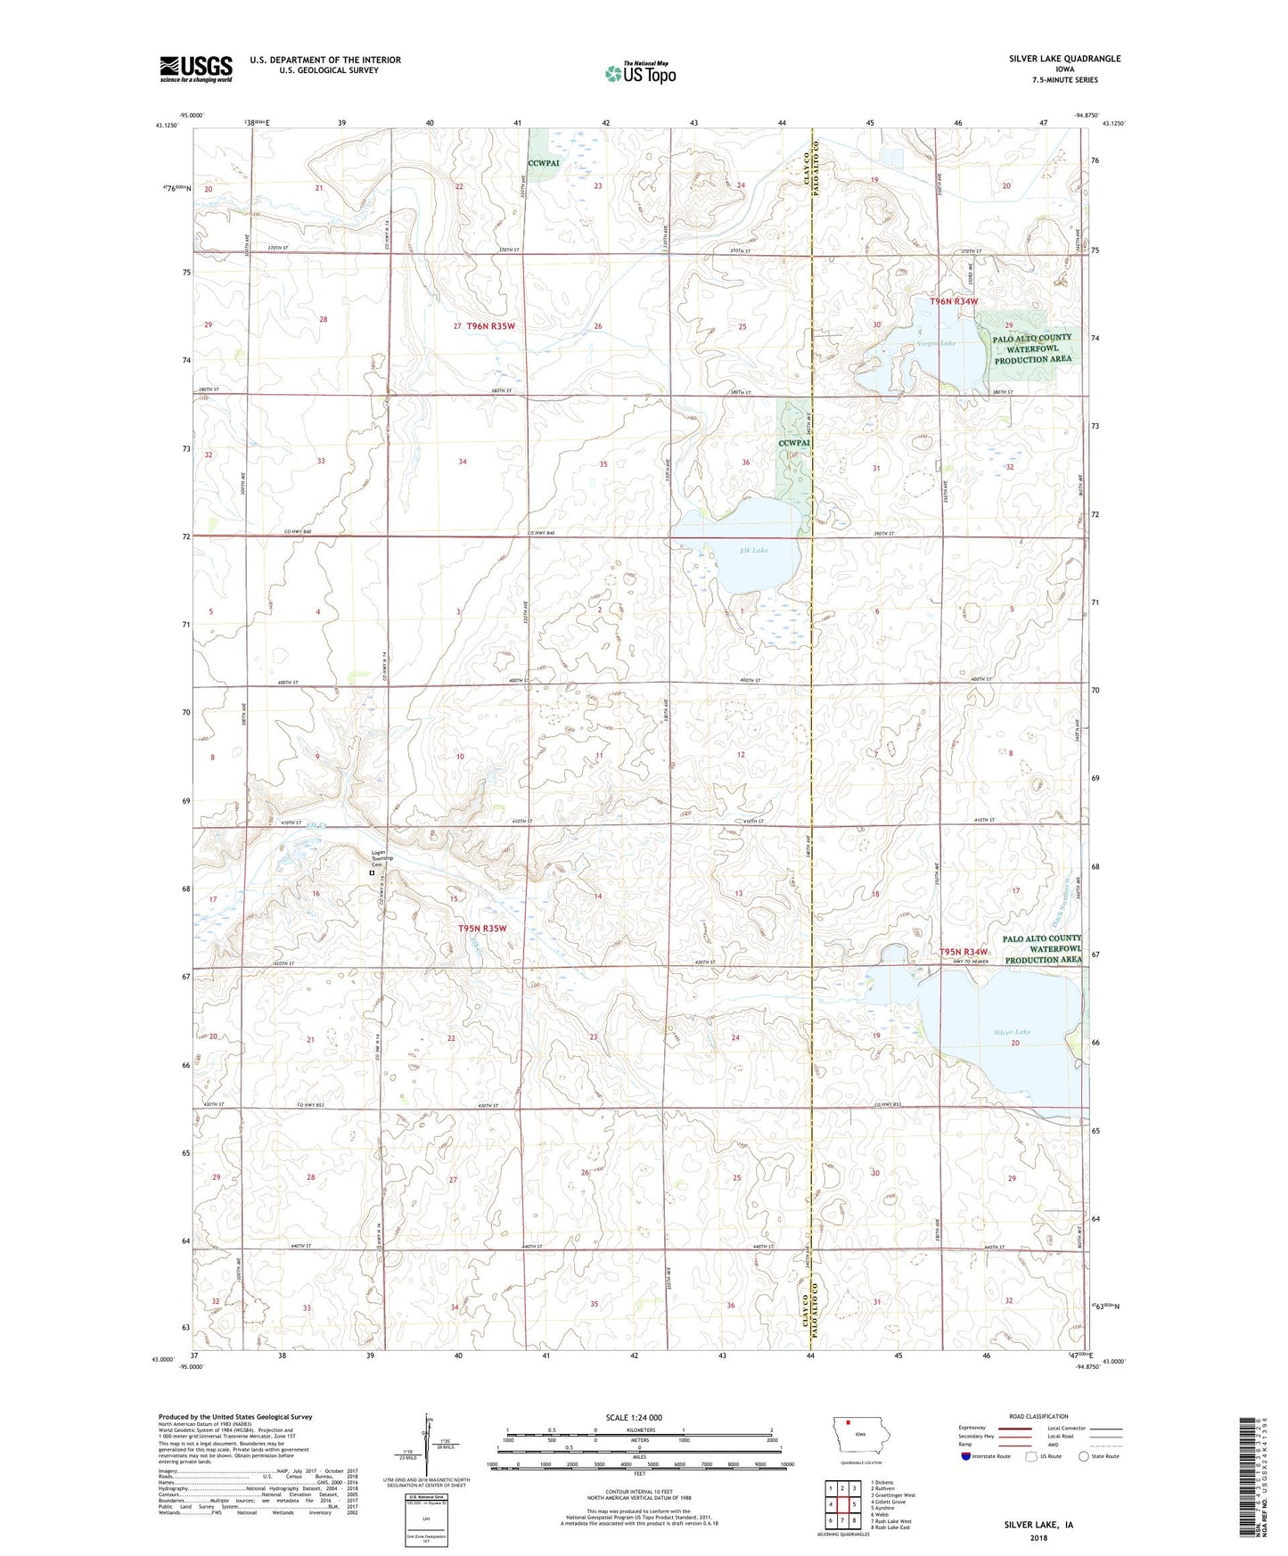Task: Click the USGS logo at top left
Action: point(195,69)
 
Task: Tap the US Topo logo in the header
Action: point(640,73)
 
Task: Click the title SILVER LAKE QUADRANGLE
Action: point(1064,59)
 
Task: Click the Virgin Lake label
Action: point(936,343)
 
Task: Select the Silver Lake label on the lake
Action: point(1012,1032)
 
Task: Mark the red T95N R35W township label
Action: point(482,928)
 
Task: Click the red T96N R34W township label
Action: point(954,301)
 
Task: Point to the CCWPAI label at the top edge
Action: point(543,163)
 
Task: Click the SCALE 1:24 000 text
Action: point(634,1417)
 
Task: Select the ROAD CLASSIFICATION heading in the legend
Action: point(1038,1416)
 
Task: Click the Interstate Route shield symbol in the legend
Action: point(966,1456)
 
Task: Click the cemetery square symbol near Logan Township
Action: point(373,873)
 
